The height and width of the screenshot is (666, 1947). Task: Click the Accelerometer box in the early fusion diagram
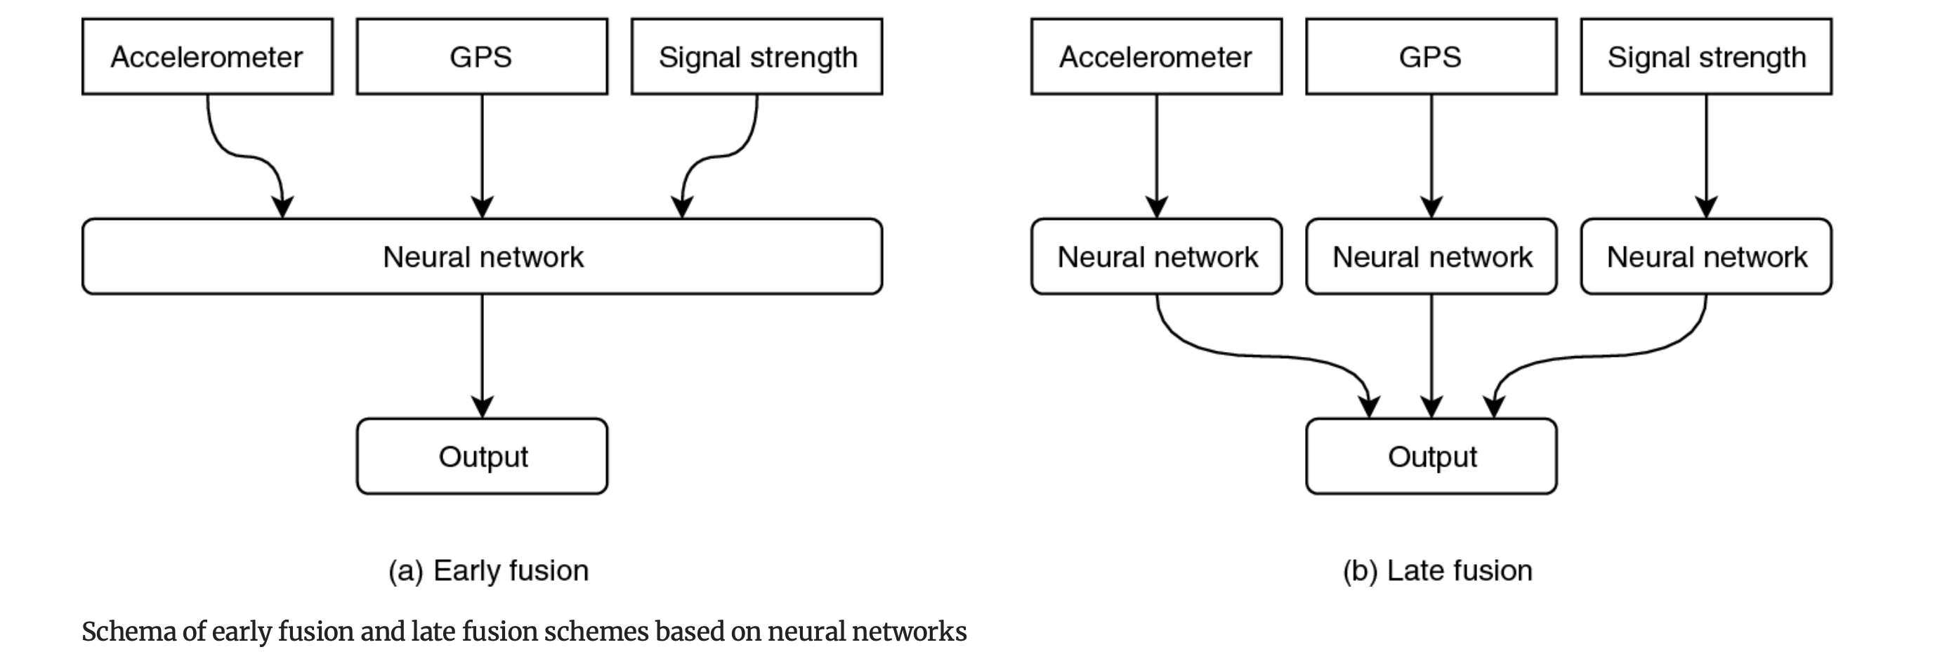click(x=207, y=57)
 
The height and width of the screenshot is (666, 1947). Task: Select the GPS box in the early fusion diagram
click(x=481, y=57)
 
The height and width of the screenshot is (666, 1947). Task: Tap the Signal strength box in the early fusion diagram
click(x=756, y=57)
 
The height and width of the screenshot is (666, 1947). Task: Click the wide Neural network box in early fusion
click(x=483, y=256)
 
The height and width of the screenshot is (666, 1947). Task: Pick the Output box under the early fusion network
click(x=483, y=456)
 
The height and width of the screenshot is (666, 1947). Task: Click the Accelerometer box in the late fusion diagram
click(x=1155, y=57)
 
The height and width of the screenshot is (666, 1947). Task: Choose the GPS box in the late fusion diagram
click(x=1431, y=57)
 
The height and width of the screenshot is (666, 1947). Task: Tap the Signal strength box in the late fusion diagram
click(x=1706, y=57)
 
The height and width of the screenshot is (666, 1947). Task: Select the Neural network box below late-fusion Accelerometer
click(x=1156, y=256)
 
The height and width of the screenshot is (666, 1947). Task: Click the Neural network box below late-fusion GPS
click(x=1431, y=256)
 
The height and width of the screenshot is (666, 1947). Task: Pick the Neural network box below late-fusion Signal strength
click(x=1706, y=256)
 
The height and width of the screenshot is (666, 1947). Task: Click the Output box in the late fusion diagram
click(x=1431, y=456)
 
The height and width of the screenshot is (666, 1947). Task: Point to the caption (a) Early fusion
click(x=488, y=570)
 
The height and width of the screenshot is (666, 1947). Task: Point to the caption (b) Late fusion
click(x=1437, y=570)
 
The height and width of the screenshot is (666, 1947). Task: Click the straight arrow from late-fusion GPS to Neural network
click(x=1431, y=151)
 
